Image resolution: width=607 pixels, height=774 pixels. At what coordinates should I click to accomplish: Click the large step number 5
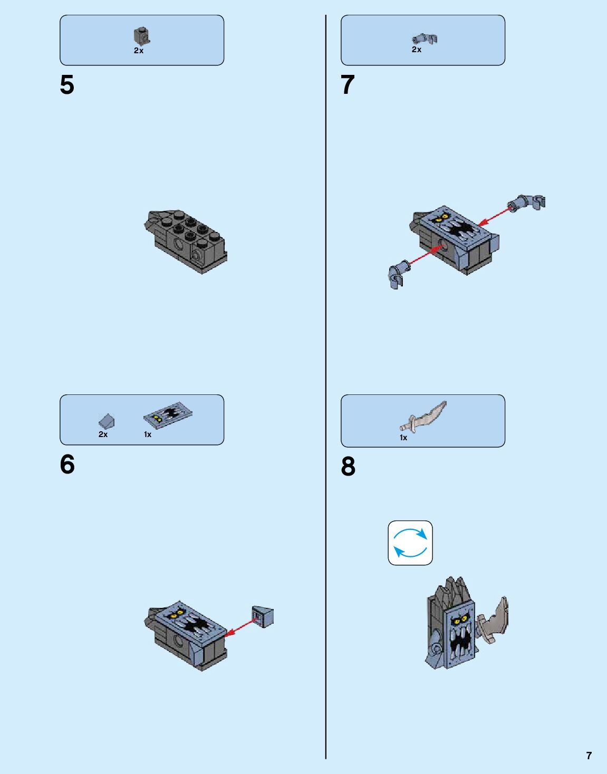[67, 85]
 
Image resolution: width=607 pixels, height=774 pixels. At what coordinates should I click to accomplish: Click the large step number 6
[67, 465]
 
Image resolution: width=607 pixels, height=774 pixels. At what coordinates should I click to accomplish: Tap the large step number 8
[348, 467]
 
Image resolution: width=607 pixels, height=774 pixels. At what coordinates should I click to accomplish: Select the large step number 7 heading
[348, 85]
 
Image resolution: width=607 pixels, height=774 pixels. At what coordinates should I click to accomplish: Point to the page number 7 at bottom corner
[589, 756]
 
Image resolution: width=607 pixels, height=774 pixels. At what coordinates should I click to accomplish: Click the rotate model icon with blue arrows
[410, 543]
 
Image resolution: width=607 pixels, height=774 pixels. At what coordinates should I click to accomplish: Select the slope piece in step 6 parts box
[107, 421]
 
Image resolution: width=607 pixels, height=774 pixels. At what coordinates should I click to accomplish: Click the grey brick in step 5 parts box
[141, 36]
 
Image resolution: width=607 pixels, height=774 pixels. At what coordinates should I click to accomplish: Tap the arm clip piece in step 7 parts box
[425, 38]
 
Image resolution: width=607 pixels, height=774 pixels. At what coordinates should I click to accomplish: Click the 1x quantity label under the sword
[403, 438]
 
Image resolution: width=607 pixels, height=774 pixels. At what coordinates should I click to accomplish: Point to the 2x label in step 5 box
[139, 51]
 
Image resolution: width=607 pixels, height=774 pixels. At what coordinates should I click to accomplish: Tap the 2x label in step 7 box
[417, 50]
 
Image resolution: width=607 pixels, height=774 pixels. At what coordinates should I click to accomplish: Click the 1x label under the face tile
[148, 434]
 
